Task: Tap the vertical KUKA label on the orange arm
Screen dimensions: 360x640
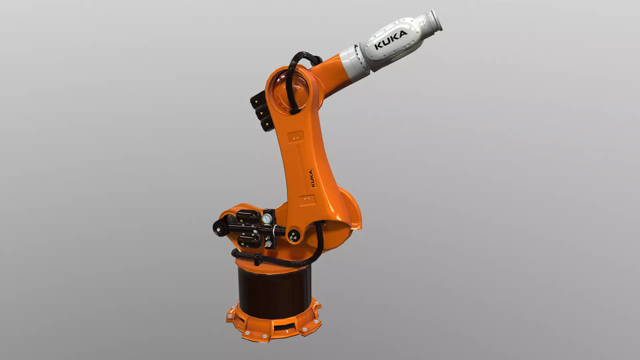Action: tap(311, 178)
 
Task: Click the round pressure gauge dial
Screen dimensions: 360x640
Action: tap(267, 219)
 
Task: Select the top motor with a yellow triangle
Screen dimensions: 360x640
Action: tap(258, 101)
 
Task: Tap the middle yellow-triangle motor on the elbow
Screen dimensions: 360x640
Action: tap(262, 113)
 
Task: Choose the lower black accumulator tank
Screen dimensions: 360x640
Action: tap(249, 240)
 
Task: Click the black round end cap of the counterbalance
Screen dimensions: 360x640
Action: tap(219, 229)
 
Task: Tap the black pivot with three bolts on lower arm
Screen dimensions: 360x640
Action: tap(294, 236)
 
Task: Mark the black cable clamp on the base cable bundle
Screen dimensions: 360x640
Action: tap(257, 259)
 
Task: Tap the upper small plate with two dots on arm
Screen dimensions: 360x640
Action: tap(295, 138)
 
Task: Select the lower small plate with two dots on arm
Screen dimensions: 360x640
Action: tap(307, 199)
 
